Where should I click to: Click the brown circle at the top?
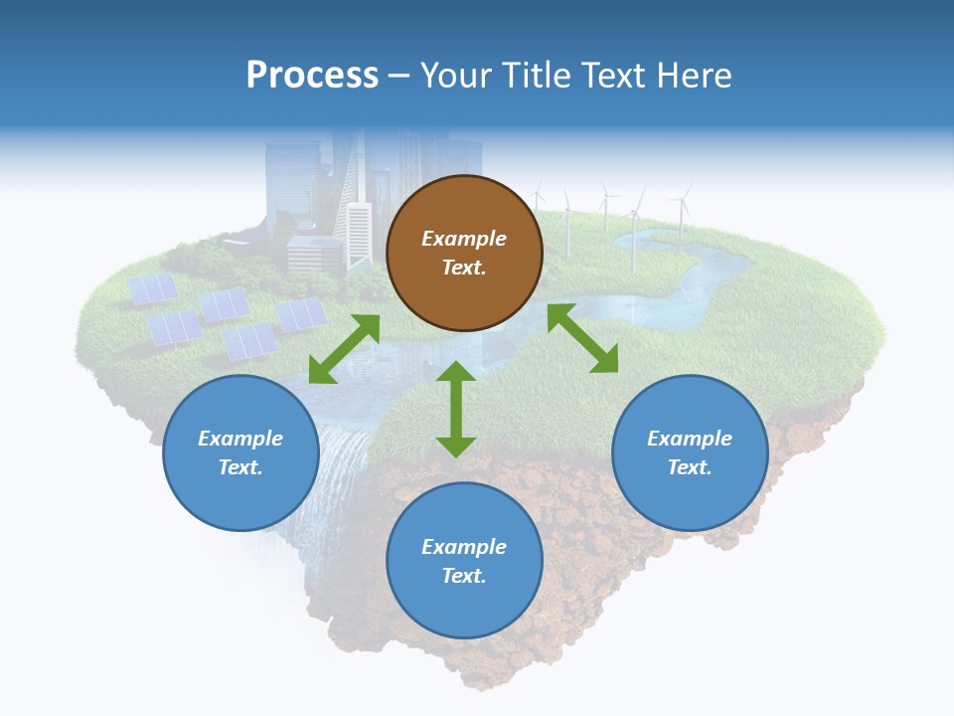pyautogui.click(x=464, y=254)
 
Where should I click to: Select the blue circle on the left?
pyautogui.click(x=240, y=452)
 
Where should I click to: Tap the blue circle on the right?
pyautogui.click(x=690, y=452)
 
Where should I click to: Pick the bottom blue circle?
pyautogui.click(x=464, y=561)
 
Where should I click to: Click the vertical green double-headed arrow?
pyautogui.click(x=456, y=409)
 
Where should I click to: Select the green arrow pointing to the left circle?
pyautogui.click(x=344, y=349)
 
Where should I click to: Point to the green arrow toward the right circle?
pyautogui.click(x=582, y=338)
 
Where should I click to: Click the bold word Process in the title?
pyautogui.click(x=312, y=75)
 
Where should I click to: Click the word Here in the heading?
pyautogui.click(x=695, y=75)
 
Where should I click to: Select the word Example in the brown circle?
pyautogui.click(x=464, y=239)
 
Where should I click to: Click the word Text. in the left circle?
pyautogui.click(x=240, y=467)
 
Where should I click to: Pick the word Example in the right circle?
pyautogui.click(x=690, y=439)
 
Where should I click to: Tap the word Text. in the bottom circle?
pyautogui.click(x=464, y=576)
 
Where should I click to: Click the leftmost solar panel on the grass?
pyautogui.click(x=153, y=288)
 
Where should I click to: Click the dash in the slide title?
pyautogui.click(x=398, y=76)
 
